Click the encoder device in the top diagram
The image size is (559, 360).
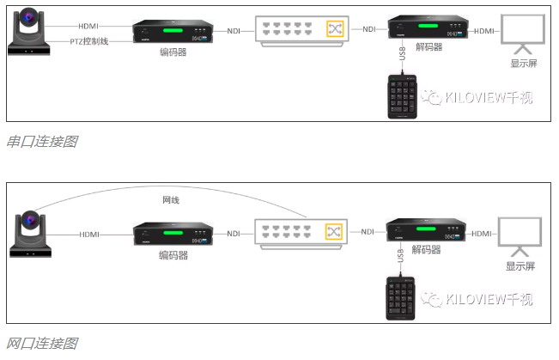click(172, 32)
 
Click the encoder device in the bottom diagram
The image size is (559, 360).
click(172, 234)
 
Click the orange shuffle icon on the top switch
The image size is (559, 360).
click(334, 29)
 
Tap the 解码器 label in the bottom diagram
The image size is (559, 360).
click(427, 250)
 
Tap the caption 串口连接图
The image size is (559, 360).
click(42, 141)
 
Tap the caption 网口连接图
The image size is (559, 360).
click(42, 344)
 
